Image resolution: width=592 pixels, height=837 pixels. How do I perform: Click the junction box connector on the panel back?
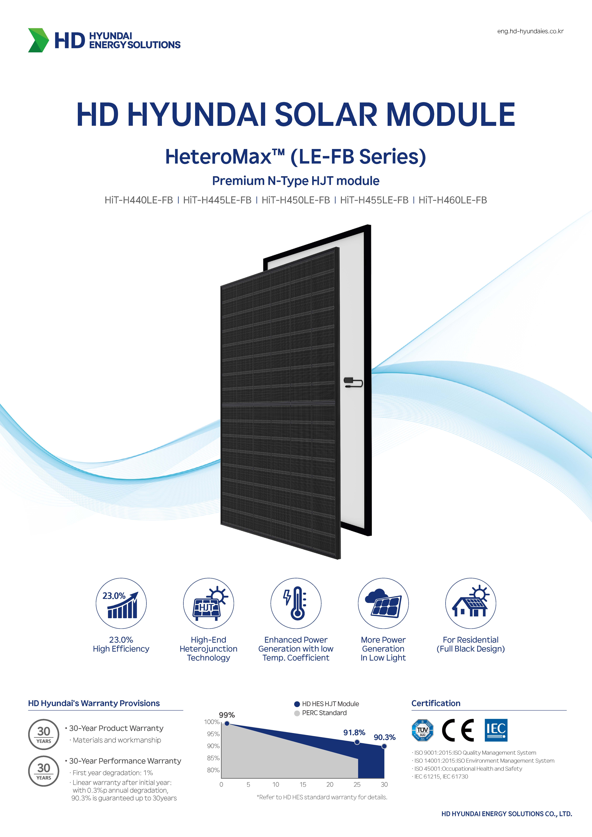tap(353, 382)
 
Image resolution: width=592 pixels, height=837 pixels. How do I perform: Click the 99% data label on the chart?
tap(227, 715)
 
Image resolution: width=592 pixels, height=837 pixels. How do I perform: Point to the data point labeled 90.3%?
tap(384, 746)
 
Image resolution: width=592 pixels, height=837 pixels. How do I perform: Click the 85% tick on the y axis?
tap(213, 758)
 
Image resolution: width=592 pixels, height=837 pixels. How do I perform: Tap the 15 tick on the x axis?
tap(303, 785)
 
